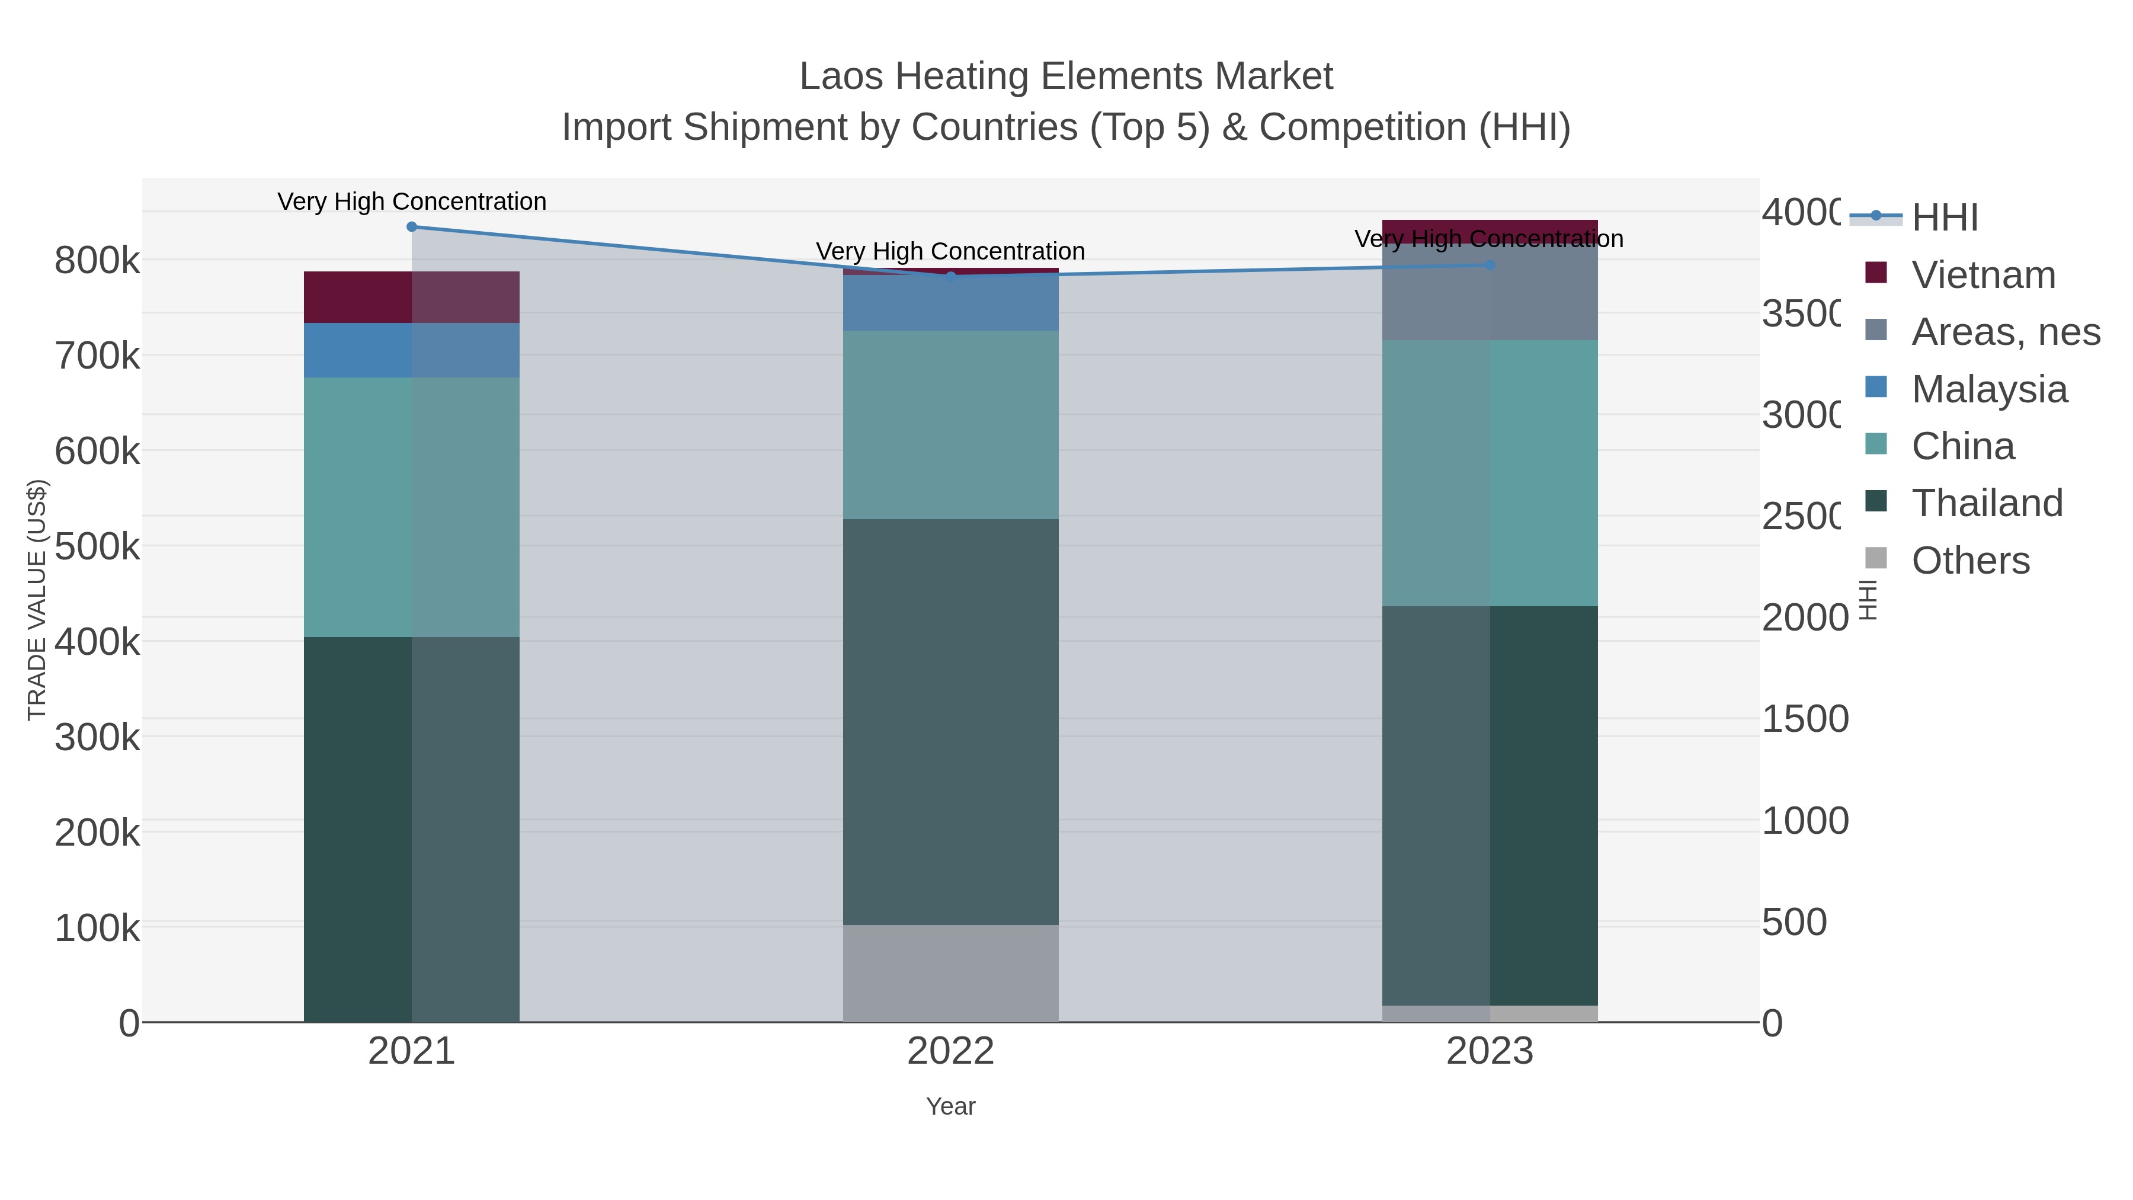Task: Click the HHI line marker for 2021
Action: [x=412, y=226]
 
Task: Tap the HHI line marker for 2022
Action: [x=950, y=277]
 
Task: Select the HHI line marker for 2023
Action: [x=1490, y=265]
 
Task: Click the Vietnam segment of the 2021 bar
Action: [x=412, y=297]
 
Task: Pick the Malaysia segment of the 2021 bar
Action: [x=412, y=350]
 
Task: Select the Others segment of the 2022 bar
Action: [x=950, y=973]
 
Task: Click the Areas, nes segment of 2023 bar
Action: [x=1490, y=292]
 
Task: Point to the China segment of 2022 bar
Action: [x=950, y=425]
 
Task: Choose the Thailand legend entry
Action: [x=1987, y=503]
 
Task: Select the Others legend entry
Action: [x=1970, y=561]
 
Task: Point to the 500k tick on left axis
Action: [x=97, y=546]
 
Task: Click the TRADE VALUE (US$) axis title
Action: [x=37, y=600]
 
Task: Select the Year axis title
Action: [x=950, y=1106]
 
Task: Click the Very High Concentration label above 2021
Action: [x=412, y=201]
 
